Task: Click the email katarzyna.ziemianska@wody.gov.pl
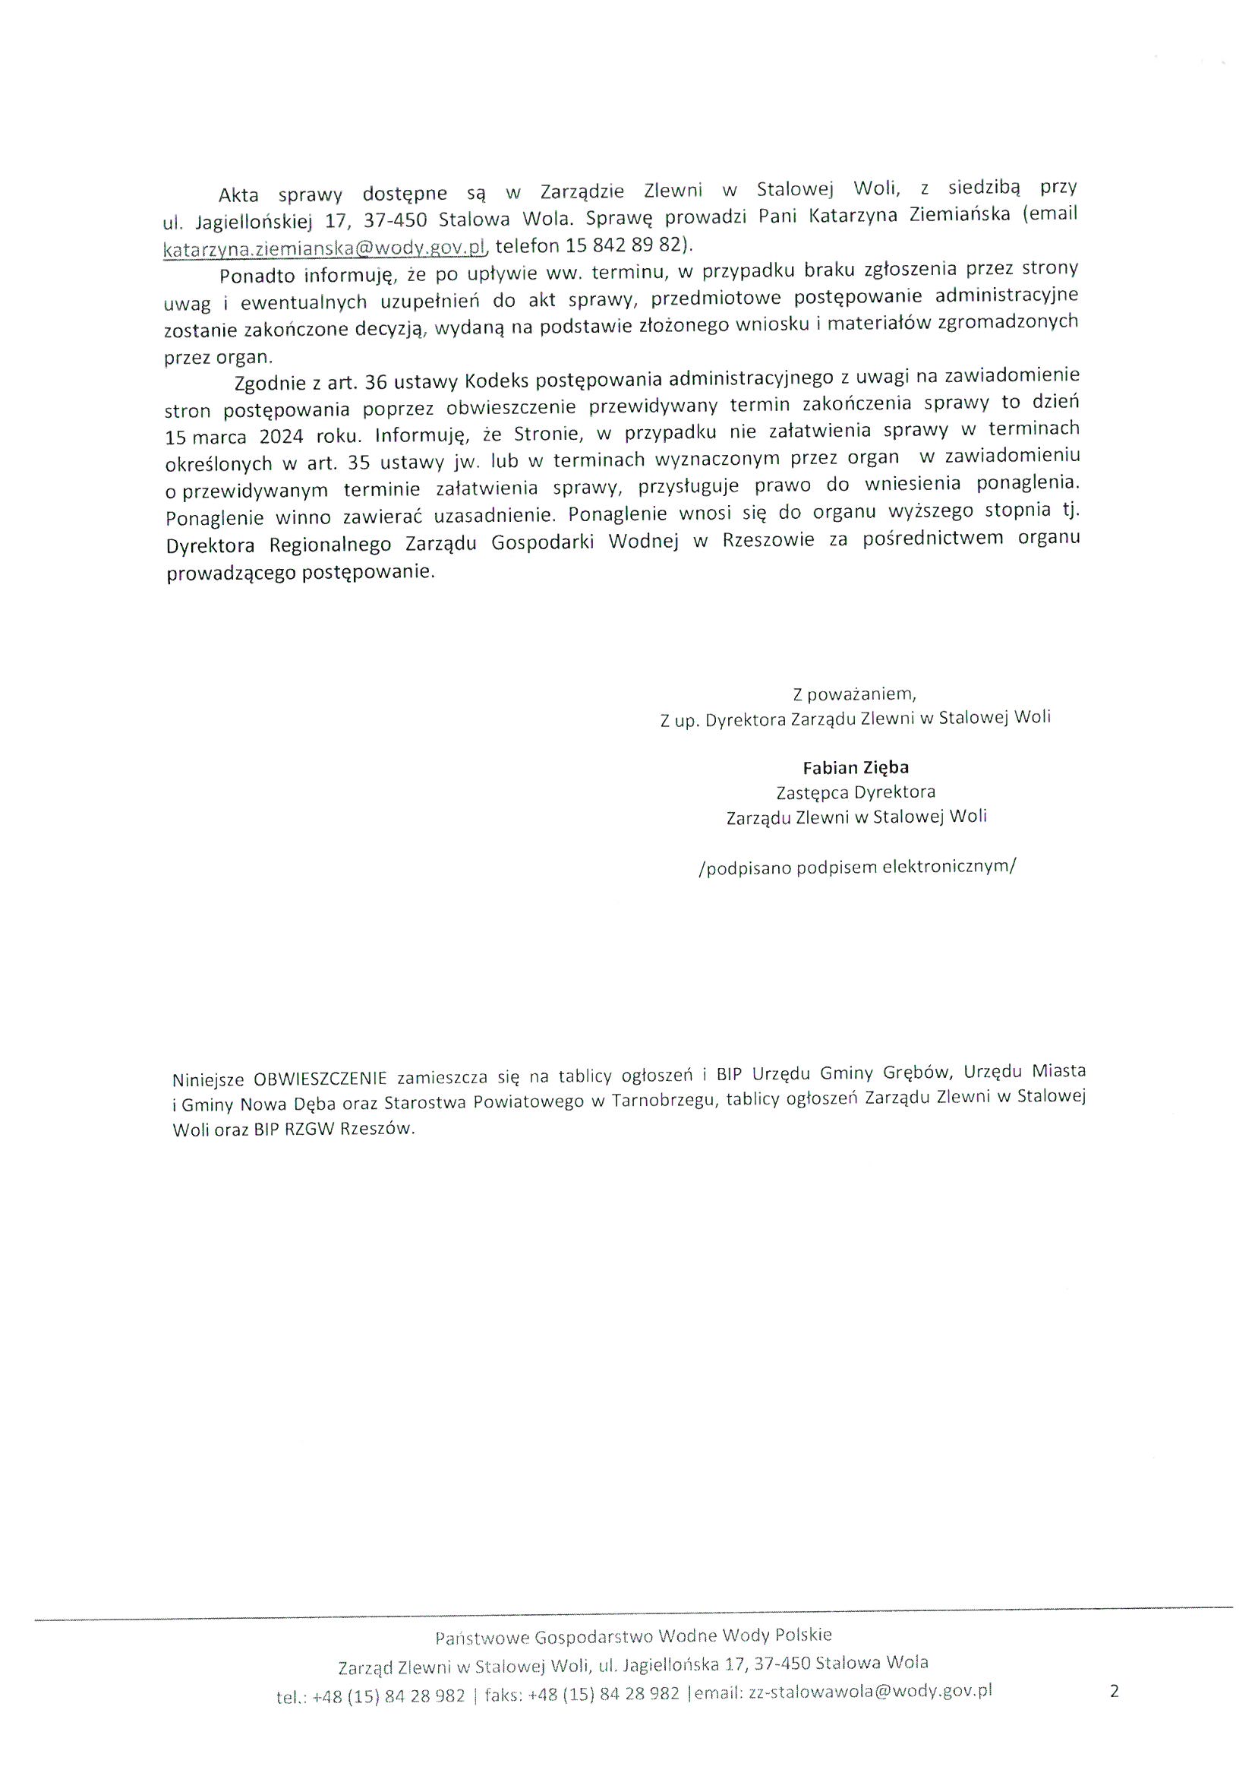[x=324, y=248]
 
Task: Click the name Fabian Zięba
[x=855, y=767]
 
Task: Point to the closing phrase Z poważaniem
[x=853, y=693]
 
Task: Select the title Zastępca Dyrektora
[x=855, y=792]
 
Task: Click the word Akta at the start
[x=239, y=194]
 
